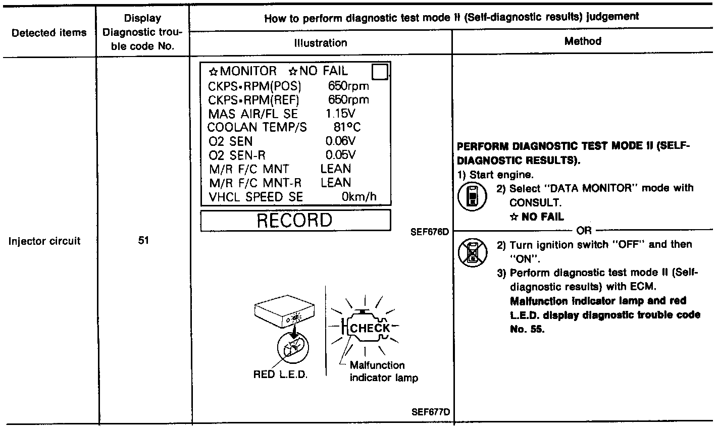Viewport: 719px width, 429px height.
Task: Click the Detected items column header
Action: tap(49, 33)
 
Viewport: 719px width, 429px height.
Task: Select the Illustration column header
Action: tap(321, 43)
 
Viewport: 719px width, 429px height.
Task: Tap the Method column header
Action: tap(583, 41)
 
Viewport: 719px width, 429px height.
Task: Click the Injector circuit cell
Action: tap(45, 241)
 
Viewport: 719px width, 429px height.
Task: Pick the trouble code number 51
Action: tap(143, 241)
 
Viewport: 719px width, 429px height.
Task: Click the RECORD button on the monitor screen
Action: tap(295, 221)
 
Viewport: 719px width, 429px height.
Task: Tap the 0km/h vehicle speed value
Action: tap(359, 197)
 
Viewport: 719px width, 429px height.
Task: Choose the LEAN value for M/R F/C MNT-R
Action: tap(336, 183)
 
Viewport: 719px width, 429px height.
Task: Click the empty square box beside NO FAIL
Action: tap(379, 73)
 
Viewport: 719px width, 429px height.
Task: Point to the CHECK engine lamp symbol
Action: tap(369, 328)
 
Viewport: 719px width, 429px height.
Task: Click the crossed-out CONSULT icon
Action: tap(472, 251)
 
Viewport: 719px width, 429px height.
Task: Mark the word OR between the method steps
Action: tap(583, 231)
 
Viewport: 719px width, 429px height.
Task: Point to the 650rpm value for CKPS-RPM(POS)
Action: tap(348, 86)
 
